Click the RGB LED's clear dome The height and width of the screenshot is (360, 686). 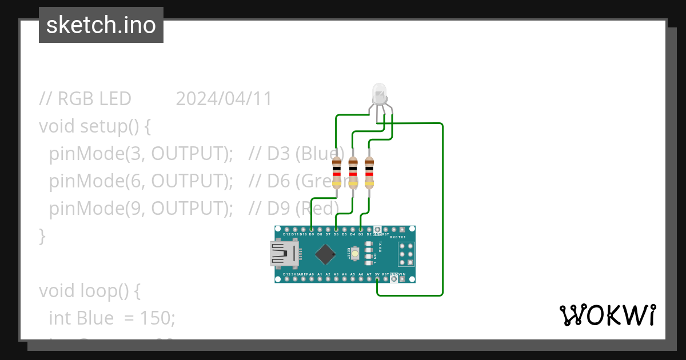click(x=379, y=91)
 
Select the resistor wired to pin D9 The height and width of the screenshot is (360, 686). click(x=337, y=173)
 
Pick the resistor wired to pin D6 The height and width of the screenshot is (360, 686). click(x=353, y=173)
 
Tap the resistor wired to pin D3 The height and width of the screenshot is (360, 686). click(x=369, y=173)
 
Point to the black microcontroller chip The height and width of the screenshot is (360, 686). click(x=325, y=254)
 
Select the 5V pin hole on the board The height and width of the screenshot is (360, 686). click(x=377, y=279)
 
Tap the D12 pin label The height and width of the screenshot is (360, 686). click(x=286, y=234)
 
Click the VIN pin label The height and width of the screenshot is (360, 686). click(x=402, y=274)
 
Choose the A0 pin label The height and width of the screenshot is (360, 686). click(x=311, y=274)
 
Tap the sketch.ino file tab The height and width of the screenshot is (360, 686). click(x=101, y=25)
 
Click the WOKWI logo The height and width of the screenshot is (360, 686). click(x=607, y=315)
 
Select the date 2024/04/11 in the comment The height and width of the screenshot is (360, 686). click(x=224, y=99)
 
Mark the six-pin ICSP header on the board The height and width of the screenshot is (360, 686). click(x=406, y=253)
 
